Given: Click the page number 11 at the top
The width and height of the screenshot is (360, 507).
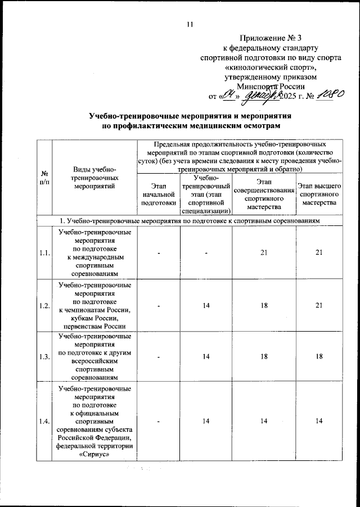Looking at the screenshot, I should coord(189,24).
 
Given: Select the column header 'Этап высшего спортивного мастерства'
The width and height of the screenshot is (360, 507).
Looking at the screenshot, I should coord(319,194).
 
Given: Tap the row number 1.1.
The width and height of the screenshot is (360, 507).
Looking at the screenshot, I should coord(44,254).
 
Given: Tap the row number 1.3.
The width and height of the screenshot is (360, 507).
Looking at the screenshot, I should coord(44,357).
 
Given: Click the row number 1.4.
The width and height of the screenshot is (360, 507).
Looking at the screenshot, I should coord(44,421).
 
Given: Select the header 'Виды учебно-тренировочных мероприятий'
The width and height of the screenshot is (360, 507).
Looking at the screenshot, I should coord(94,179).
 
